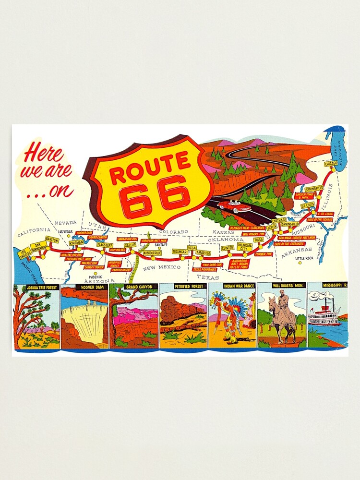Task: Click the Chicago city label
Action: click(331, 165)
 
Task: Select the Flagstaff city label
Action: click(104, 244)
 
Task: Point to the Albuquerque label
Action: click(153, 252)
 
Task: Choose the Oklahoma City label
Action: click(244, 247)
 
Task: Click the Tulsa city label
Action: click(259, 239)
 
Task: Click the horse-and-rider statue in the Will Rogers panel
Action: click(283, 314)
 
